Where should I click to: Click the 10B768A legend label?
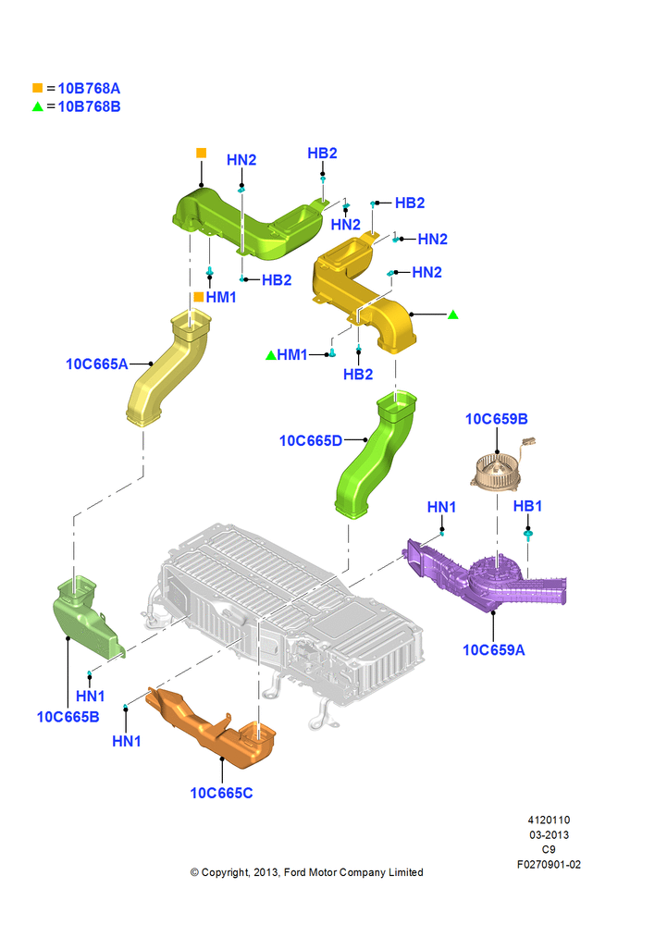[x=89, y=89]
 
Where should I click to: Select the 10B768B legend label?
[x=89, y=106]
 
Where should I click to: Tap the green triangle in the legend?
[x=38, y=106]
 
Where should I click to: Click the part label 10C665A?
[x=97, y=364]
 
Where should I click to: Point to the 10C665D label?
[x=311, y=440]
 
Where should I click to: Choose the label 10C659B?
[x=496, y=419]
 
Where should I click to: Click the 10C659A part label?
[x=494, y=649]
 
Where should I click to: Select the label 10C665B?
[x=68, y=717]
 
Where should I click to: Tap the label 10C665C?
[x=221, y=793]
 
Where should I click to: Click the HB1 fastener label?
[x=527, y=506]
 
